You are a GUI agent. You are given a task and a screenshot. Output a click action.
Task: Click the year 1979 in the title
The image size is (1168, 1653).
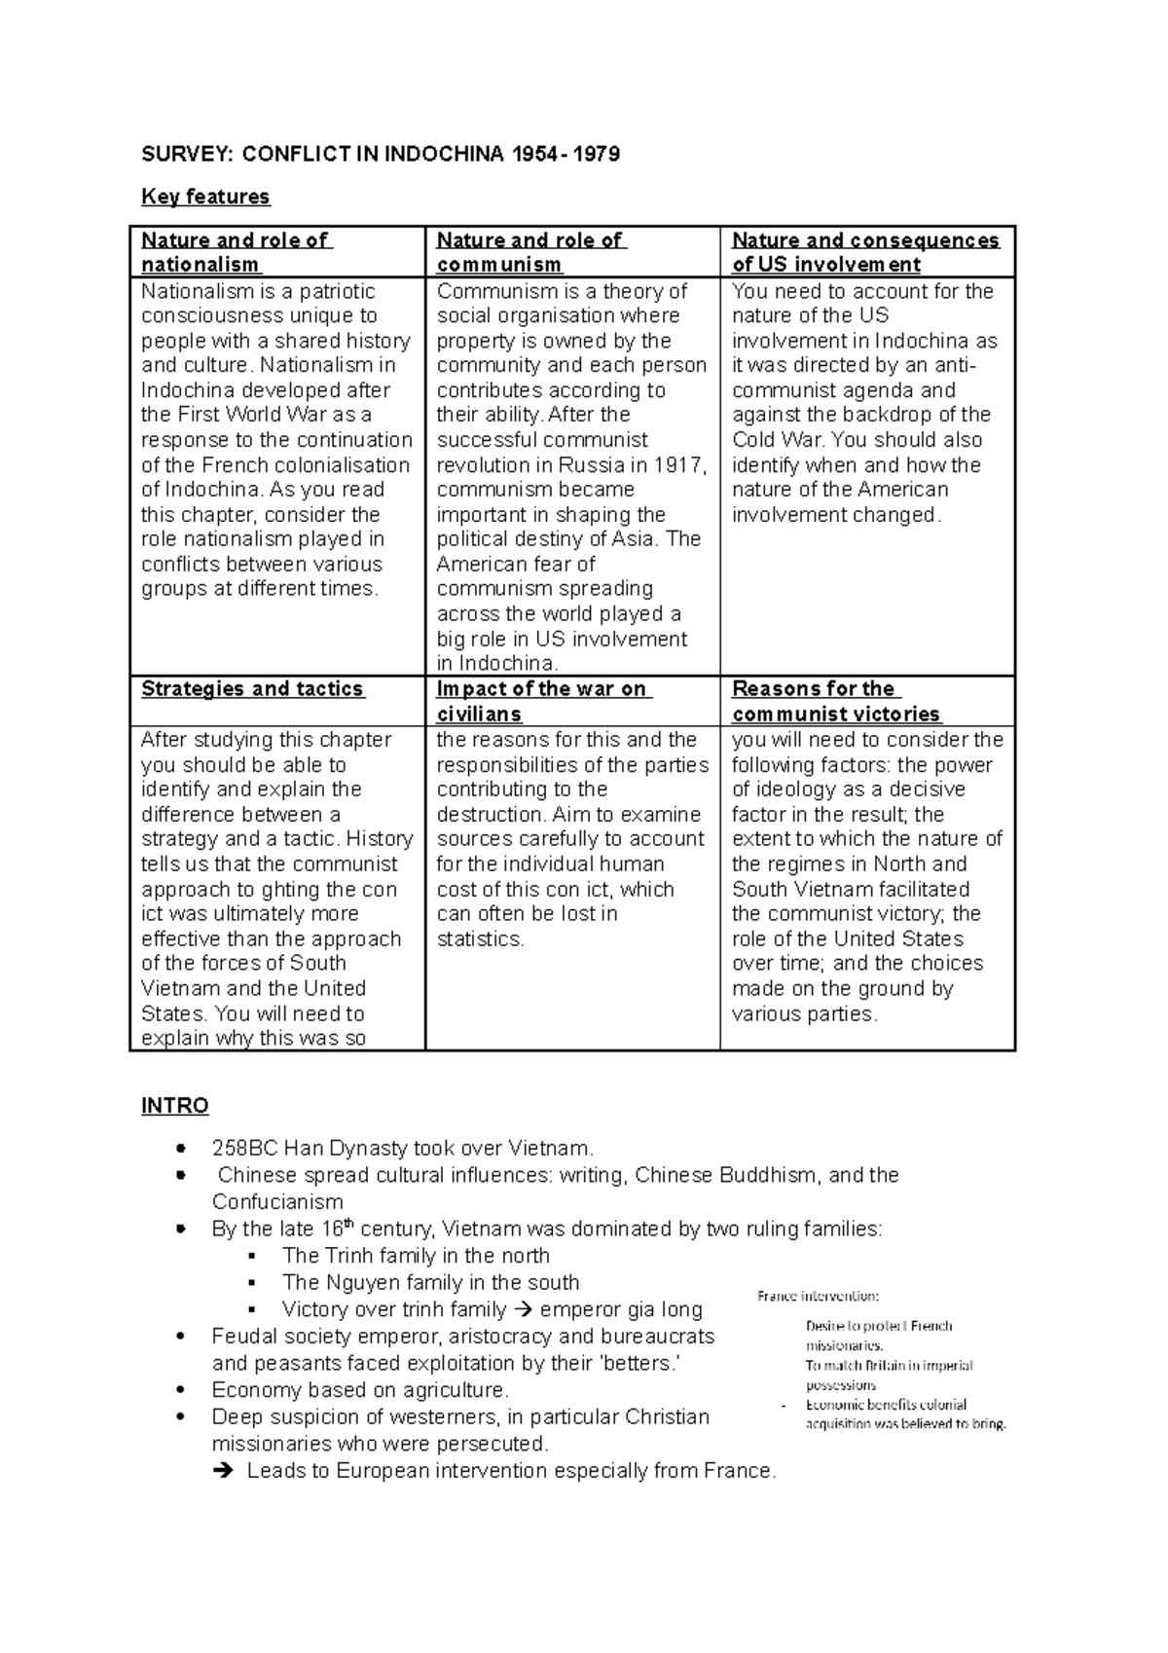click(598, 154)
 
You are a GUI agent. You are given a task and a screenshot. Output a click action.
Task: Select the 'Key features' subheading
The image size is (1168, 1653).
click(205, 197)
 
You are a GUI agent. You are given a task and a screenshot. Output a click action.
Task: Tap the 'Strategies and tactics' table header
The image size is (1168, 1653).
click(252, 689)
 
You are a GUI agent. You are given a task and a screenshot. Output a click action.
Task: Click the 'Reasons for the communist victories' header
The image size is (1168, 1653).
click(836, 701)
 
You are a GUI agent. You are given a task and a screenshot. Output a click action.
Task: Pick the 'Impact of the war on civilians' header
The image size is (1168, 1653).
click(541, 701)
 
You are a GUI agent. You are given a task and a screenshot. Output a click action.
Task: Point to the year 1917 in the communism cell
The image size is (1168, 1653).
click(679, 465)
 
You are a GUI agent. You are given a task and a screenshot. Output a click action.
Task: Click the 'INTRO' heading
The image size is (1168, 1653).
click(175, 1106)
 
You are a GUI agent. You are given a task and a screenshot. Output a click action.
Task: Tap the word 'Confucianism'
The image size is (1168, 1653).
click(277, 1202)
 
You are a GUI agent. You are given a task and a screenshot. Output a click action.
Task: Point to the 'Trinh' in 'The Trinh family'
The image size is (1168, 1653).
click(347, 1256)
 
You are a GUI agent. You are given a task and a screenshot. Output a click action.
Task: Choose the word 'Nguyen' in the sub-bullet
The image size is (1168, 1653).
click(361, 1283)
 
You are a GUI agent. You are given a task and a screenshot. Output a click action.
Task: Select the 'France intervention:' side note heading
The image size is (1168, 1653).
click(819, 1296)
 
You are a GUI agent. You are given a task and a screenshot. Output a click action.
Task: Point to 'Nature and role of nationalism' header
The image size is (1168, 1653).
click(237, 252)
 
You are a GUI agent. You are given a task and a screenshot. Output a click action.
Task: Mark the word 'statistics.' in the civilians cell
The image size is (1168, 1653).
click(480, 939)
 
